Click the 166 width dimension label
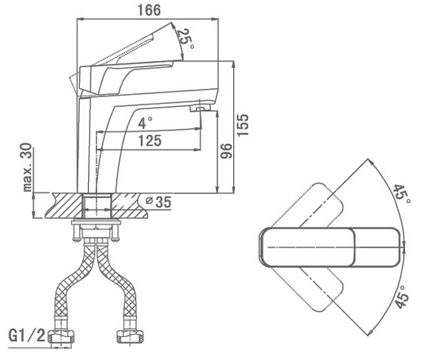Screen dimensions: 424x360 (149, 10)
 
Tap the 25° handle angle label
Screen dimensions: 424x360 (185, 38)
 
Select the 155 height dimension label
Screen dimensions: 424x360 (242, 125)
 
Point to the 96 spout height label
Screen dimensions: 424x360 (226, 151)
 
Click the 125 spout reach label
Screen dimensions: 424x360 (150, 140)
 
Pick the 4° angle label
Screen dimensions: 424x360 (144, 122)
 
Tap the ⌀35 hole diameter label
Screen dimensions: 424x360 (158, 202)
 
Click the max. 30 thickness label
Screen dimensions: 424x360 (28, 167)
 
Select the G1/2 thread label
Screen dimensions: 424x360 (27, 336)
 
